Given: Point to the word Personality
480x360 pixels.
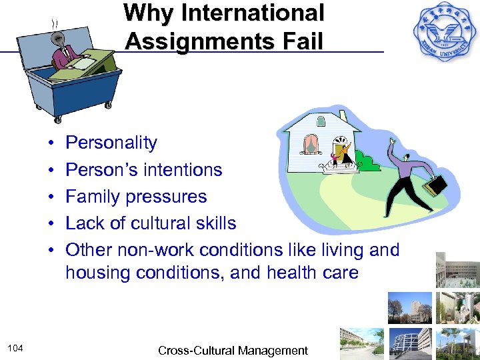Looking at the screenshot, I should [x=111, y=143].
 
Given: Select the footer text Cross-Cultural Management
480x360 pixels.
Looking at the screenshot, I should [x=233, y=351].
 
